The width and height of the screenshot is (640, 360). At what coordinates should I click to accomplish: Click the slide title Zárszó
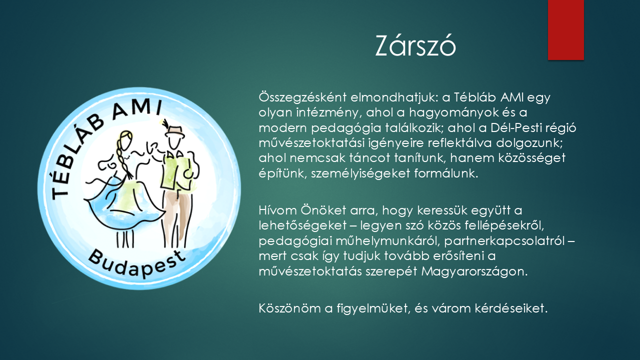point(415,47)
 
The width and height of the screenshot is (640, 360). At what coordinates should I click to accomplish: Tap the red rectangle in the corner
point(565,29)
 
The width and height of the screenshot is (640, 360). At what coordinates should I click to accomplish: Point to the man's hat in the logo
point(175,131)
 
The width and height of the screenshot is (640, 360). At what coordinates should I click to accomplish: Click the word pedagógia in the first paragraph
point(352,127)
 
